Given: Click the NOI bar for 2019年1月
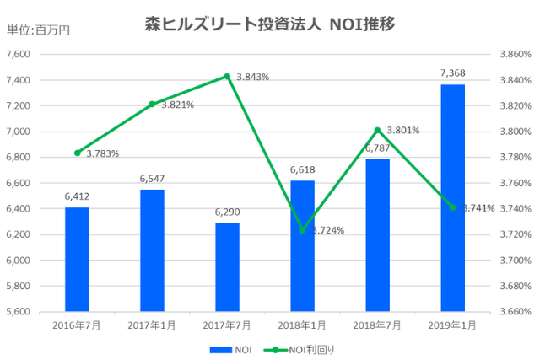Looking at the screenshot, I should click(452, 198).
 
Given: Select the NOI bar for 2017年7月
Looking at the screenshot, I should click(227, 267).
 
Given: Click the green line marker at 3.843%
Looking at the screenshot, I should click(227, 76).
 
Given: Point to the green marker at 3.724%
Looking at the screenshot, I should click(302, 229).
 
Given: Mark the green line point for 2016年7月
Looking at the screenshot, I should click(77, 153).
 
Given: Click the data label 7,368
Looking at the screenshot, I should click(452, 73).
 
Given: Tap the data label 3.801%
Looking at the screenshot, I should click(402, 130).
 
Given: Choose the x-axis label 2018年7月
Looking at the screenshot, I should click(377, 325).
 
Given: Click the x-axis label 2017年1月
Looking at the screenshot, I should click(152, 325).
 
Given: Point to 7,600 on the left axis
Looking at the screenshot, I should click(18, 54).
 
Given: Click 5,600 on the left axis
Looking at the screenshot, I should click(18, 311).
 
